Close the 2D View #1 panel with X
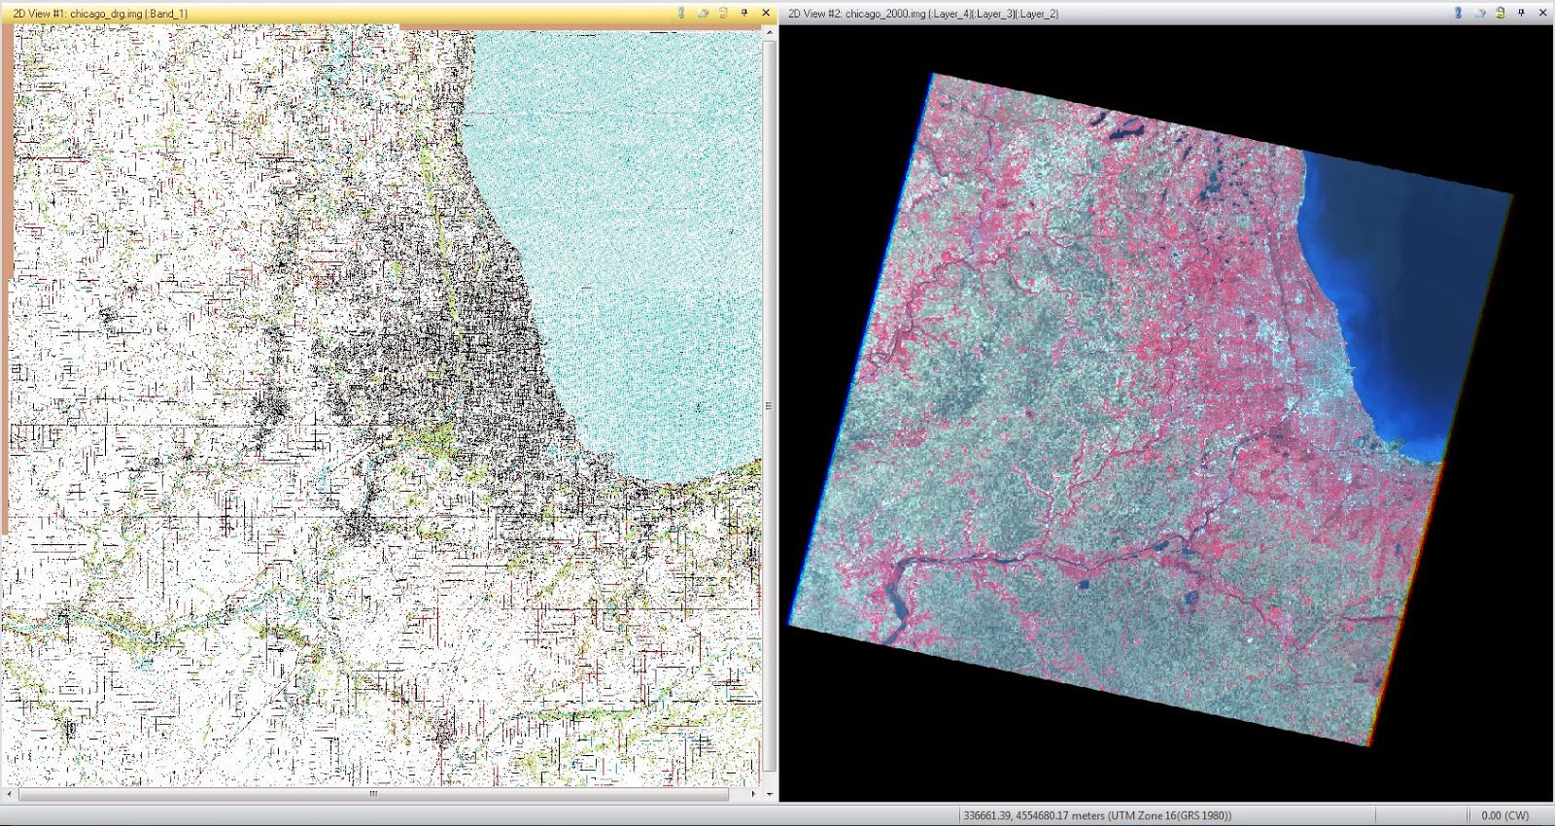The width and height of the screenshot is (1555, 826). [x=766, y=13]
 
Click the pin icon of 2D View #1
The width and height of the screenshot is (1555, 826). [x=744, y=13]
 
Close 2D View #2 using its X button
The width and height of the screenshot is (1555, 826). [x=1543, y=13]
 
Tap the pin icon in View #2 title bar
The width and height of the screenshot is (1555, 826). [x=1522, y=13]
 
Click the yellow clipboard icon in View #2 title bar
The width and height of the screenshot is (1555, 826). [x=1501, y=13]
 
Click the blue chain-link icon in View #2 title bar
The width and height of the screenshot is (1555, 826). [x=1458, y=13]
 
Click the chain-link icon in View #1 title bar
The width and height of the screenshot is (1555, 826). [x=680, y=13]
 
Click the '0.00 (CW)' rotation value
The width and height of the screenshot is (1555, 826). [x=1504, y=815]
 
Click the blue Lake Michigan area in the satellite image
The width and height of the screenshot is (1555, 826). [x=1390, y=292]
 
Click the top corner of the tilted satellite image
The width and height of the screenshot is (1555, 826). [x=933, y=74]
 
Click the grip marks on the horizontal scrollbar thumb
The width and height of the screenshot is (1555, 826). [x=373, y=794]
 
